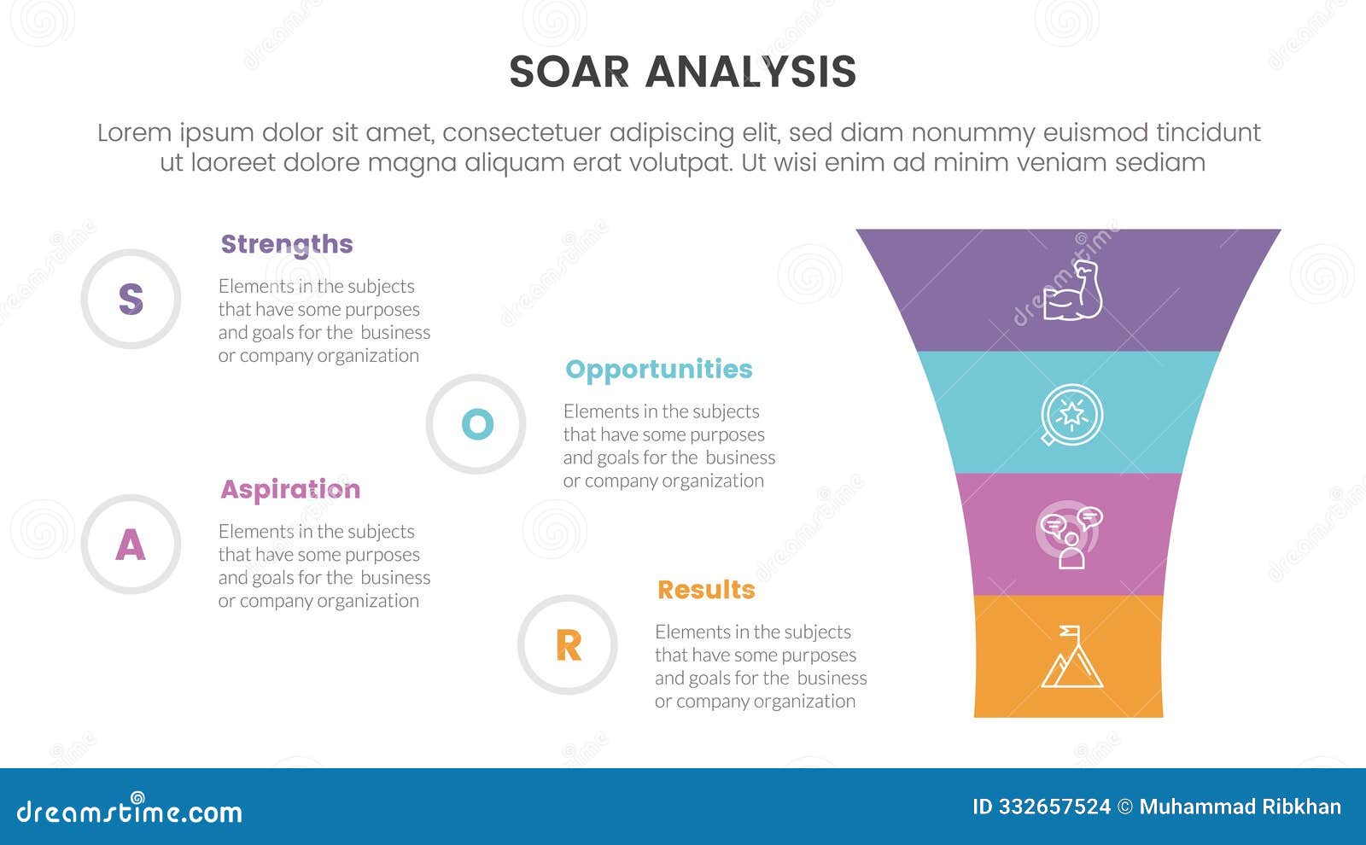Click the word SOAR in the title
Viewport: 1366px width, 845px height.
[569, 72]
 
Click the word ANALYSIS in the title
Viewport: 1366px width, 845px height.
[750, 72]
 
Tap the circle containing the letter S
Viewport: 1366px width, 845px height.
[131, 299]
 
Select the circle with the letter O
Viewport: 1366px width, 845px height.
[476, 424]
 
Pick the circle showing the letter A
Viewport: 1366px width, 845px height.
[131, 545]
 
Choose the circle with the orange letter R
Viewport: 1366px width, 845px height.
[568, 645]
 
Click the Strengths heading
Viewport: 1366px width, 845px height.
[287, 244]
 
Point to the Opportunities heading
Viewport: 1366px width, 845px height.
[658, 369]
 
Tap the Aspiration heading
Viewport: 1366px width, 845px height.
[290, 489]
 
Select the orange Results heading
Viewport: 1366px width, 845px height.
[706, 590]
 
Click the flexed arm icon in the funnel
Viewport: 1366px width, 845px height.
[1072, 292]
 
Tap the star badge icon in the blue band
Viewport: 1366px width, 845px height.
[1071, 415]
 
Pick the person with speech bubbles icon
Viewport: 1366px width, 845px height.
[1071, 536]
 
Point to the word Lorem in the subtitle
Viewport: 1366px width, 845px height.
[134, 132]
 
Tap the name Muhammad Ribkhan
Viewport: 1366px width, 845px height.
[1240, 807]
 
